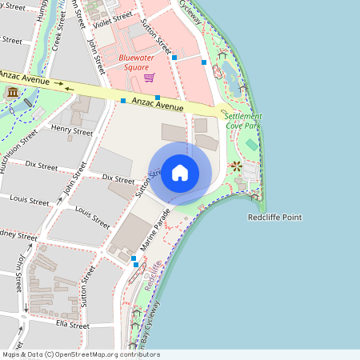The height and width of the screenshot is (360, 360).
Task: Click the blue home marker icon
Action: pyautogui.click(x=180, y=173)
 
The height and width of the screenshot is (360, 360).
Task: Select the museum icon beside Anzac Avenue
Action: pyautogui.click(x=13, y=94)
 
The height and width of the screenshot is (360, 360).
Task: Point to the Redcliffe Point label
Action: pyautogui.click(x=275, y=218)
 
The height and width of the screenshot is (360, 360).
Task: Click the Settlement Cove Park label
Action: pyautogui.click(x=243, y=121)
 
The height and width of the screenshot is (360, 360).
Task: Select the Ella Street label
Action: pyautogui.click(x=73, y=325)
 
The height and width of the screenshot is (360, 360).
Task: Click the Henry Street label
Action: pyautogui.click(x=71, y=129)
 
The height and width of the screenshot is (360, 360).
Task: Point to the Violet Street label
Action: pyautogui.click(x=111, y=18)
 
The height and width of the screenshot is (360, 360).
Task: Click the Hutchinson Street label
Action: pyautogui.click(x=18, y=151)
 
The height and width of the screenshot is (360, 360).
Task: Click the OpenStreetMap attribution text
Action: pyautogui.click(x=80, y=354)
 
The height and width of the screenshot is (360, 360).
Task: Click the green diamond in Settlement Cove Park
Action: pyautogui.click(x=251, y=144)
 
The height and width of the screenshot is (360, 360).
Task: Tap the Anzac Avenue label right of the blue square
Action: pyautogui.click(x=158, y=105)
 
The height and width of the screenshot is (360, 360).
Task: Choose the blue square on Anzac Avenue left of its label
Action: pyautogui.click(x=123, y=101)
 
